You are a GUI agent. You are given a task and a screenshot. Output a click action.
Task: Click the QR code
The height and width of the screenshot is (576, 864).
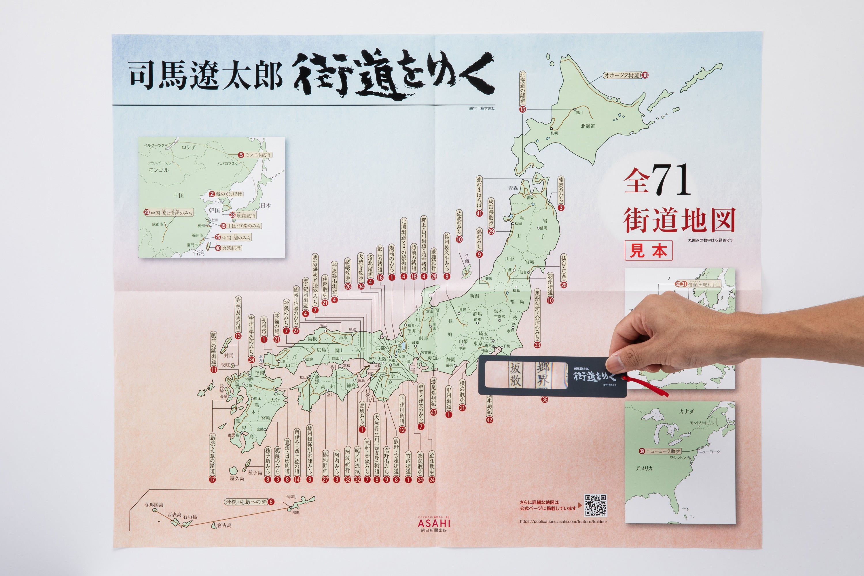596,505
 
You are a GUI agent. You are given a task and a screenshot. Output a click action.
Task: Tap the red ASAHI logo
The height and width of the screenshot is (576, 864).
434,522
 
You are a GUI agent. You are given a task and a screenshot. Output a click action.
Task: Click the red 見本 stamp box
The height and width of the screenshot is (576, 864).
648,251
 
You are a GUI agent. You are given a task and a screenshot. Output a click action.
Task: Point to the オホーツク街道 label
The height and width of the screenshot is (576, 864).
622,75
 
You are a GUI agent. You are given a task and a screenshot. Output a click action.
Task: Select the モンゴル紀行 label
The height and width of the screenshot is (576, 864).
257,155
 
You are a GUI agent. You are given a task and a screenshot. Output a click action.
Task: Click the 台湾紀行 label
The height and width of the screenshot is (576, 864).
231,248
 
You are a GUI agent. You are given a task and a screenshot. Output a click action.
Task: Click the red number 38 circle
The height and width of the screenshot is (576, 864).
645,75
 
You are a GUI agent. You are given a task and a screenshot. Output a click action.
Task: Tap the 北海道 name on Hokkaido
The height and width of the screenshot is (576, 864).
588,126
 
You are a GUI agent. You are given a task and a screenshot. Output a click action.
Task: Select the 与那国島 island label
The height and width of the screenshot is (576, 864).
154,505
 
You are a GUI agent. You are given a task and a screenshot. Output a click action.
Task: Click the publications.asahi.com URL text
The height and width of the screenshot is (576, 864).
563,522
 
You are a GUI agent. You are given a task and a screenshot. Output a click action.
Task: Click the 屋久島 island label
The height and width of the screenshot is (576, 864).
237,479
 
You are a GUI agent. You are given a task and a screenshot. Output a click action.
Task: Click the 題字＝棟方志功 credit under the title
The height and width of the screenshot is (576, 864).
482,109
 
